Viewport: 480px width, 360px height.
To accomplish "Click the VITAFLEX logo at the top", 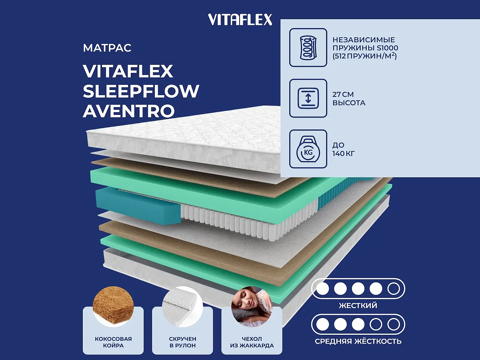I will coord(240,19).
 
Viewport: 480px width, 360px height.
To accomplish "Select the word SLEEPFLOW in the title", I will coord(141,91).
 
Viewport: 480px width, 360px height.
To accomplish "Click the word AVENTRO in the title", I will coord(128,111).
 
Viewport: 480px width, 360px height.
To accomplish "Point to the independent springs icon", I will coord(308,47).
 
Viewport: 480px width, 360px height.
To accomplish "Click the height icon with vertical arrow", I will coord(308,98).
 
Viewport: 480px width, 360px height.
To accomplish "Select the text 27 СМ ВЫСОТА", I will coord(349,99).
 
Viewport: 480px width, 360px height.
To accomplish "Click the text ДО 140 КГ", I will coord(344,149).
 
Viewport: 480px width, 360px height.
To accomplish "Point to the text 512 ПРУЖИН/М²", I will coord(364,56).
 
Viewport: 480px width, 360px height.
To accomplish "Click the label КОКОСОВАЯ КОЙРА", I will coord(113,342).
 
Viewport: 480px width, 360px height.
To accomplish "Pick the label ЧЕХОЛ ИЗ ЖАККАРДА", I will coord(252,342).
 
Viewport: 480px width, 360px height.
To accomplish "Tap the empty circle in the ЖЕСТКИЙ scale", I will coord(393,288).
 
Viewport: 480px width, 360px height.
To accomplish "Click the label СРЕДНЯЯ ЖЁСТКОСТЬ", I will coord(358,342).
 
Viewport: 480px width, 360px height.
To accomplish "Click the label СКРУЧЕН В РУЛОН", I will coord(182,342).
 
